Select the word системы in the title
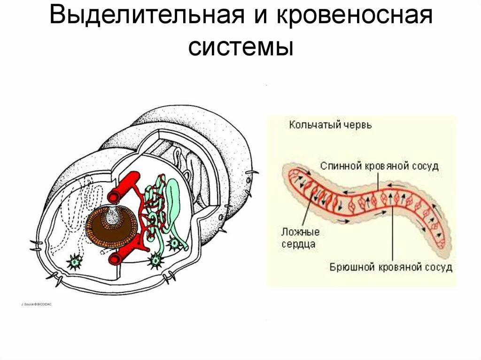[x=241, y=47]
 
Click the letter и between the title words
[x=260, y=18]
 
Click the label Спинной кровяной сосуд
[x=380, y=166]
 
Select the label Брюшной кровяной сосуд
[x=390, y=268]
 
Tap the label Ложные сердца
[x=301, y=237]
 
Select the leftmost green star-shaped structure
[x=74, y=262]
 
